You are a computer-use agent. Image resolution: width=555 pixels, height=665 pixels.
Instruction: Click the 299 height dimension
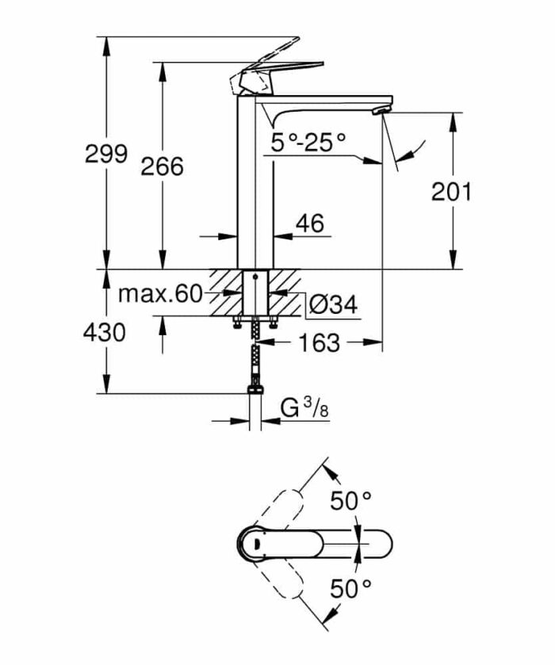[x=105, y=154]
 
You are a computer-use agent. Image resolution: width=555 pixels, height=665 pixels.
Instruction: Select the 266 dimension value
[x=162, y=166]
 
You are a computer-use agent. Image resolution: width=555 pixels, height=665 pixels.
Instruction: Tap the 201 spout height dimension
[x=451, y=191]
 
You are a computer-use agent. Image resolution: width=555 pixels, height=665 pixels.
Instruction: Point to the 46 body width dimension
[x=309, y=224]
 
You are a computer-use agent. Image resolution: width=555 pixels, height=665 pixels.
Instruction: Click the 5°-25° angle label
[x=308, y=143]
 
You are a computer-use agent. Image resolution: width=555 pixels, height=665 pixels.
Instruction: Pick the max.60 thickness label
[x=161, y=295]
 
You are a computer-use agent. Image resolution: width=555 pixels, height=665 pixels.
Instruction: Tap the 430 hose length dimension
[x=105, y=333]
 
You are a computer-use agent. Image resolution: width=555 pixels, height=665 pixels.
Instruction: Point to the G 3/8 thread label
[x=304, y=408]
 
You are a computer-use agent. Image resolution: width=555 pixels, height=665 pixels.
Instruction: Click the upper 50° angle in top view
[x=351, y=502]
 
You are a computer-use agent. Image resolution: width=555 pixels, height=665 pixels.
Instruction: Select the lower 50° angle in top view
[x=351, y=588]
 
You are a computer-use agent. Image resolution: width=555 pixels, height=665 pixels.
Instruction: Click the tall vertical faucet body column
[x=255, y=182]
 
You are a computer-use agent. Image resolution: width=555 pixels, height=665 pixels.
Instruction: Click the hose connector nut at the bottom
[x=255, y=389]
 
